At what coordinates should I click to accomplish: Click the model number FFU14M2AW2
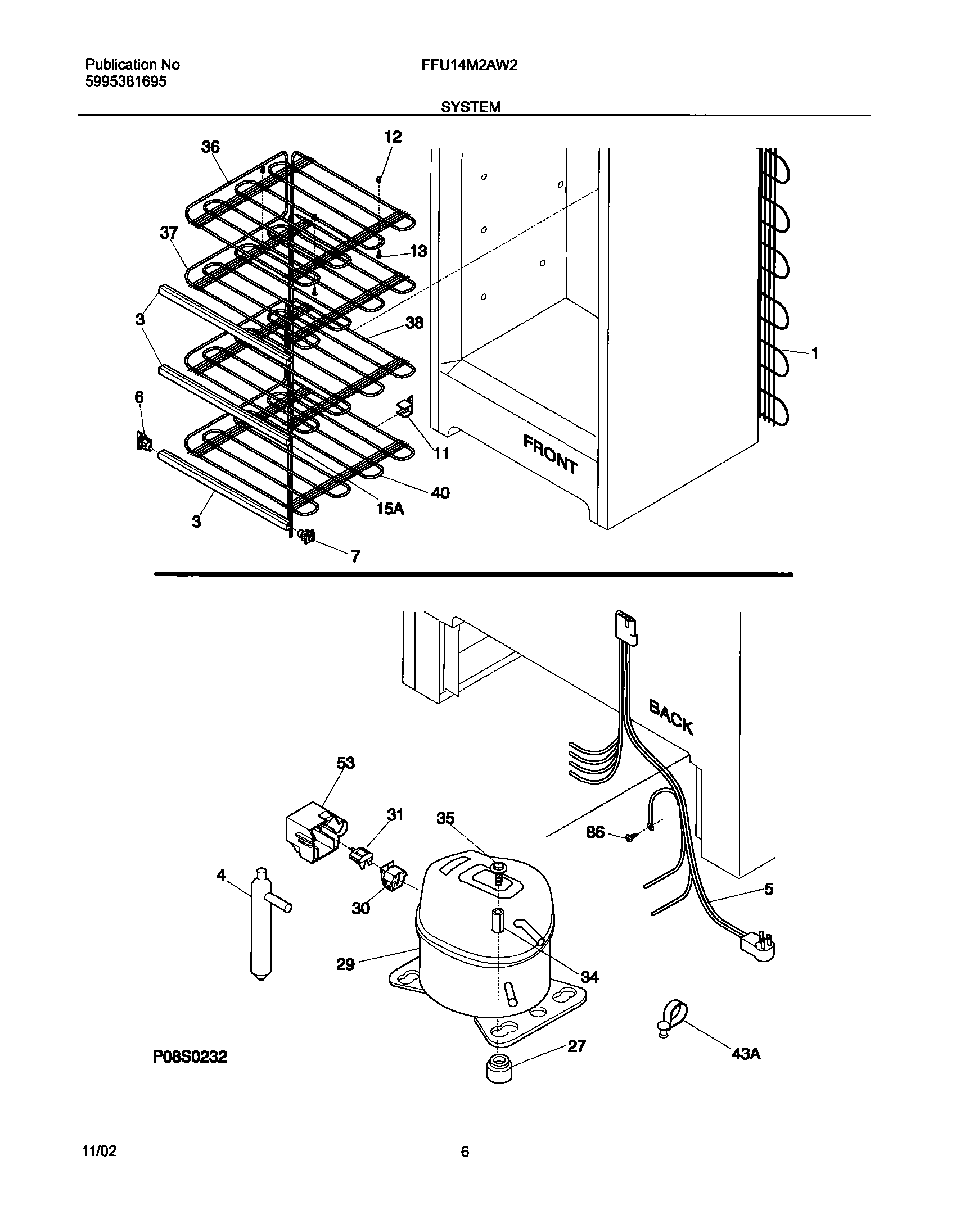click(469, 65)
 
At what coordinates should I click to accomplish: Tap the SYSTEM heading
click(471, 107)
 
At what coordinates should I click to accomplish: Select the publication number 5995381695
click(126, 82)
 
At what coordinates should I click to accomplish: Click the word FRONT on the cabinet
click(550, 454)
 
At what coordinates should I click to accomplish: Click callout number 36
click(210, 147)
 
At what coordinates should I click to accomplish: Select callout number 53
click(346, 763)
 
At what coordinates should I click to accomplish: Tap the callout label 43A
click(746, 1054)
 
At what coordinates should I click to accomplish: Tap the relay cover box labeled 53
click(315, 836)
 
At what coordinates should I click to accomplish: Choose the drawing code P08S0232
click(191, 1057)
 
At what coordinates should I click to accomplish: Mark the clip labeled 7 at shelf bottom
click(307, 536)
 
